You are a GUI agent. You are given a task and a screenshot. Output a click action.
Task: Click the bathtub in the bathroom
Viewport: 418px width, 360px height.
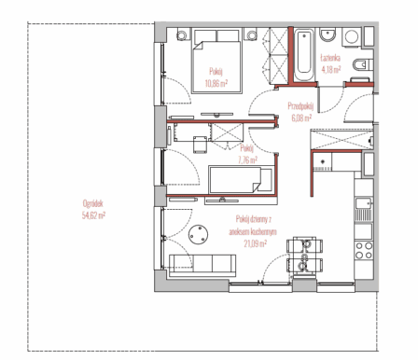[x=303, y=55]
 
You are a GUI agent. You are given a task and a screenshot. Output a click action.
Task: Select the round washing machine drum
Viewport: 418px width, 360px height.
[x=352, y=37]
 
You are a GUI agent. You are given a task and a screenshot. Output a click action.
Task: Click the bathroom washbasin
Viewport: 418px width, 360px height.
[x=327, y=35]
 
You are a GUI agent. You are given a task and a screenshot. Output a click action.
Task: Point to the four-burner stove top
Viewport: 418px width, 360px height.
[x=364, y=251]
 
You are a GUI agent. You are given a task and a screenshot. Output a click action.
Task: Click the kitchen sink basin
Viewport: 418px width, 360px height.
[x=364, y=203]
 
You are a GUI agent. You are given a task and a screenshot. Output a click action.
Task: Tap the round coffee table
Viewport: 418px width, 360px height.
[x=198, y=235]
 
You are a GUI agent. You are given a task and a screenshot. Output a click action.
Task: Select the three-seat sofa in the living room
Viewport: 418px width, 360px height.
[x=202, y=265]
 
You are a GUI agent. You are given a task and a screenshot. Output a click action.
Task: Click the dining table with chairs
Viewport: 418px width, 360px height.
[x=304, y=256]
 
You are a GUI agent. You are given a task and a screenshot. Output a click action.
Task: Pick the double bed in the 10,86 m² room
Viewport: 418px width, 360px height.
[x=216, y=61]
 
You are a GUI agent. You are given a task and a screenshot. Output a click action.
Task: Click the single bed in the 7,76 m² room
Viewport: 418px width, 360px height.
[x=241, y=180]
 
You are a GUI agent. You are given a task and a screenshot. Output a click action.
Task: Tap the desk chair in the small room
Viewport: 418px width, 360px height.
[x=200, y=145]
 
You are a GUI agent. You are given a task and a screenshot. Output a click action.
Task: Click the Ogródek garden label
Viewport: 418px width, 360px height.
[x=93, y=203]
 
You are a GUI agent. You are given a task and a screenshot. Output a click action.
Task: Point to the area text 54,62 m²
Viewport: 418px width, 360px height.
[x=93, y=215]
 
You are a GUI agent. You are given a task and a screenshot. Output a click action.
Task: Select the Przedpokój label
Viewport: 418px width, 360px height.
[x=300, y=106]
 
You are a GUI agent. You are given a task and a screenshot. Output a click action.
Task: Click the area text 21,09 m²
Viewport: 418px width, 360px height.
[x=255, y=243]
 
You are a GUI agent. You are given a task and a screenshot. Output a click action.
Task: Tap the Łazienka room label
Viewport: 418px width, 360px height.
[x=330, y=58]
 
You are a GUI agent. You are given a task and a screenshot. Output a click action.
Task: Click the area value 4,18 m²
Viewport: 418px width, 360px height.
[x=331, y=69]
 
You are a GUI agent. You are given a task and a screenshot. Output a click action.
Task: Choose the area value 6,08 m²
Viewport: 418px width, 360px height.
[x=301, y=118]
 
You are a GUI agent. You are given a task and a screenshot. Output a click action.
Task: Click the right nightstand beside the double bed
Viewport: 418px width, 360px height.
[x=252, y=35]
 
